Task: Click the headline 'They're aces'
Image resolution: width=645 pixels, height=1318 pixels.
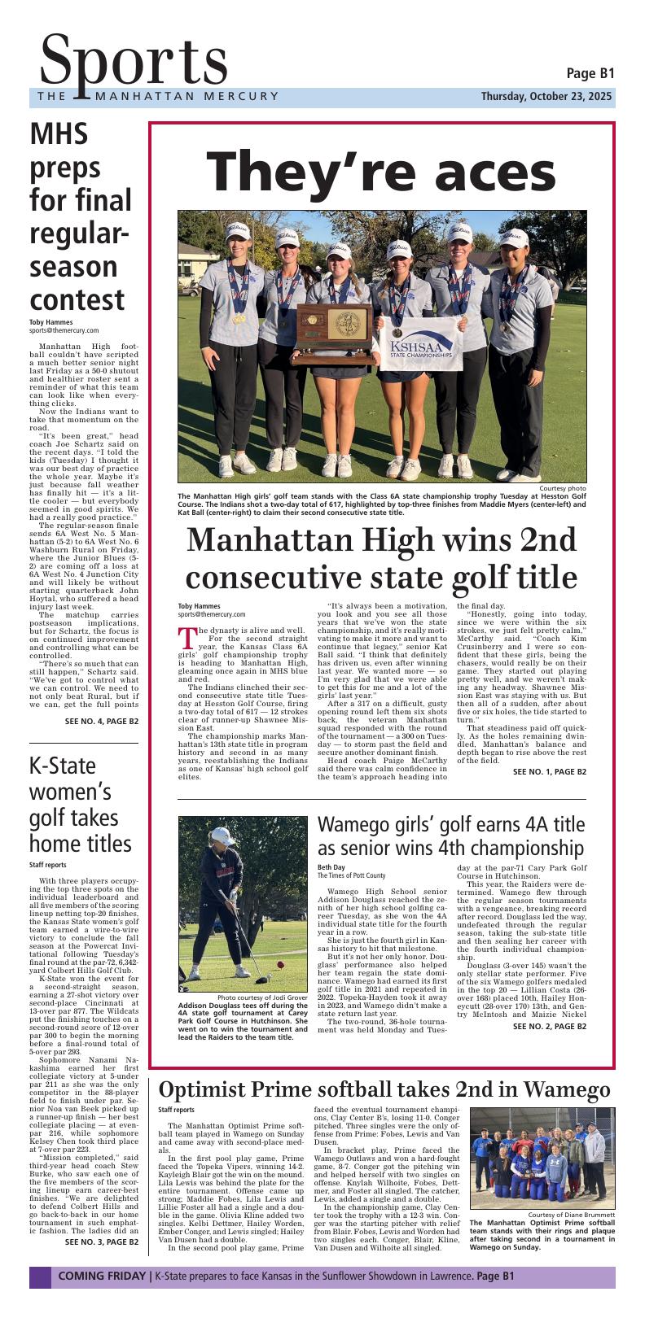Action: click(381, 172)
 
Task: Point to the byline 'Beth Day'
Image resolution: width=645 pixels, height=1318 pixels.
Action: click(331, 868)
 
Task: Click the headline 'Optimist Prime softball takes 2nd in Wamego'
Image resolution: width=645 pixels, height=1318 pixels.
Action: click(384, 1090)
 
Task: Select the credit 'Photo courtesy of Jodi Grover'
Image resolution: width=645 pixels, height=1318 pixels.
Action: click(262, 997)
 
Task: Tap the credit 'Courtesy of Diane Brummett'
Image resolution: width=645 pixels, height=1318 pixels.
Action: click(566, 1215)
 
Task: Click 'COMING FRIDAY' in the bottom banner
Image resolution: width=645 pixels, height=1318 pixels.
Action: click(102, 1277)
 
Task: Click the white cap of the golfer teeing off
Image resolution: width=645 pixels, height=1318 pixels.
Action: click(220, 835)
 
